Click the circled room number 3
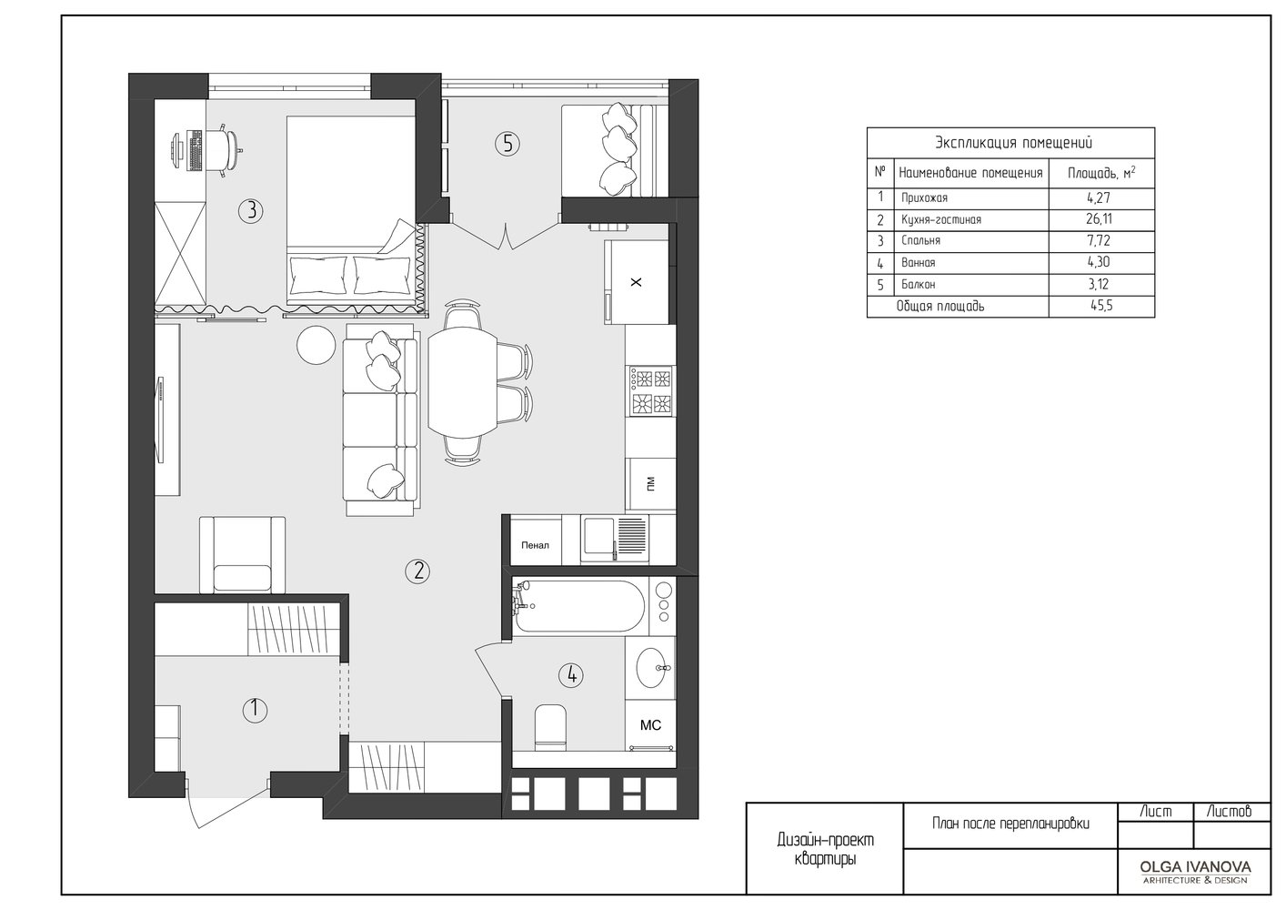coord(251,211)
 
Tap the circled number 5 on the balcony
coord(507,144)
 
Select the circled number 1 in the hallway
coord(255,710)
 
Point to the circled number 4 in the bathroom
coord(571,675)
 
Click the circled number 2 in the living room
coord(417,571)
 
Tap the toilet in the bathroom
coord(550,727)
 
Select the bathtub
coord(578,606)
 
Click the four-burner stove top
coord(651,391)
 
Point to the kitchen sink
coord(614,538)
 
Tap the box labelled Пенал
coord(535,543)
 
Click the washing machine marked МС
coord(650,725)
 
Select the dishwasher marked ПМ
coord(650,484)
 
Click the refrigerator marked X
coord(636,282)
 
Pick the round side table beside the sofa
coord(316,345)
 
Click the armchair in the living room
coord(242,555)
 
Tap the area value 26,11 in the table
coord(1099,219)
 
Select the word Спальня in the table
coord(920,241)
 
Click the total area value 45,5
coord(1101,306)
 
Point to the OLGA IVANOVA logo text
coord(1194,867)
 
